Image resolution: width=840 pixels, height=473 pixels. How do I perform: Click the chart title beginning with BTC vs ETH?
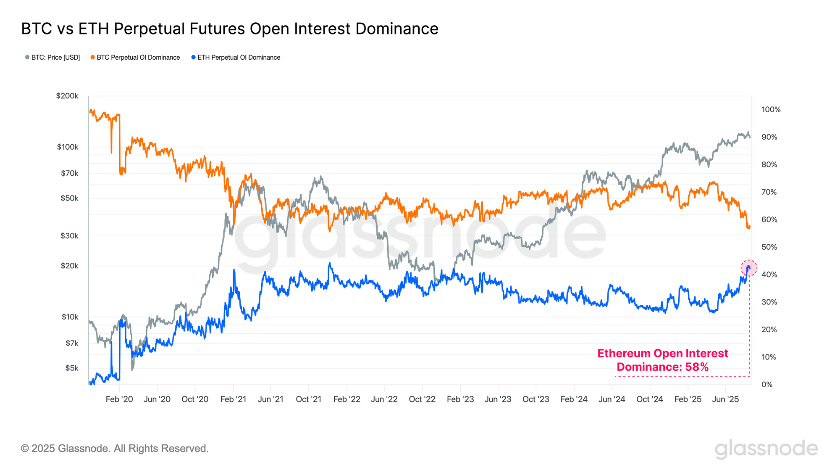click(x=230, y=29)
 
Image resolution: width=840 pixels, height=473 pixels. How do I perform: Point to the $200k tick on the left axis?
click(x=67, y=96)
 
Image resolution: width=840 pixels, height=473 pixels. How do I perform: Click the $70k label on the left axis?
click(x=69, y=173)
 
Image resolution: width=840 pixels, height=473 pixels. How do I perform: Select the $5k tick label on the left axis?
click(x=71, y=368)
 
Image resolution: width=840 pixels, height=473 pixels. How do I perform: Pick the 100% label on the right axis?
click(x=771, y=110)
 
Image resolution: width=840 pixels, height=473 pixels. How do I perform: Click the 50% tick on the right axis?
click(x=769, y=247)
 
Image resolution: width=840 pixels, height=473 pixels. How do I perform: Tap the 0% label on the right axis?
click(x=767, y=385)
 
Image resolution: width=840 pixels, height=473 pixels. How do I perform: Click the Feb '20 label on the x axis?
click(x=119, y=399)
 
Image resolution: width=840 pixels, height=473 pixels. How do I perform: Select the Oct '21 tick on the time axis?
click(x=308, y=399)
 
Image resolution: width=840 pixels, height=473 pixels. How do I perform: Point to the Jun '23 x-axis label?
click(x=498, y=399)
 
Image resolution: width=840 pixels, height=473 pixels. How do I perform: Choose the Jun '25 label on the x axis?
click(x=725, y=399)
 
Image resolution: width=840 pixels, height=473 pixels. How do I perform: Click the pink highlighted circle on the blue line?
click(x=748, y=268)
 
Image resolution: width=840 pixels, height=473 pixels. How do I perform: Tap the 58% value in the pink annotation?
click(x=697, y=367)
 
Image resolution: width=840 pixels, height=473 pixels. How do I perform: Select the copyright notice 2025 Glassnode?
click(x=115, y=449)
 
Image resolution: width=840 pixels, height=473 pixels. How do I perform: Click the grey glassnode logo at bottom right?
click(x=766, y=449)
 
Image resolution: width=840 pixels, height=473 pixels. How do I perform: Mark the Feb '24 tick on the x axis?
click(x=574, y=399)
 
